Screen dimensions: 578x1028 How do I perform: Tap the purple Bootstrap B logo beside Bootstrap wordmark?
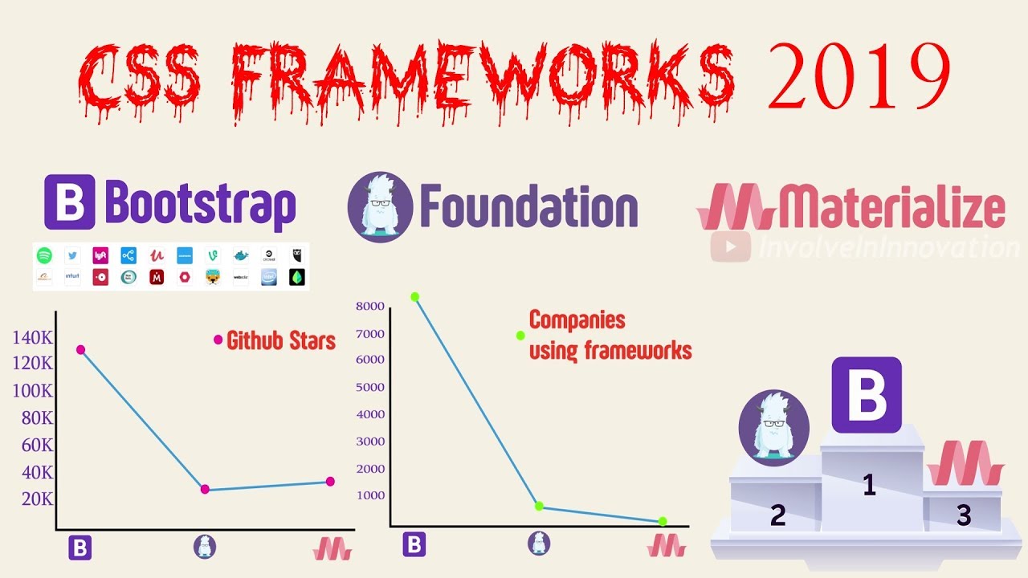tap(70, 203)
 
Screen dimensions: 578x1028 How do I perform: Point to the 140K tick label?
tap(33, 337)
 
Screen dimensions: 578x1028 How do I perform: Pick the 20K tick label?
tap(37, 499)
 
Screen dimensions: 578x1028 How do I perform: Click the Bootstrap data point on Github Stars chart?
tap(80, 349)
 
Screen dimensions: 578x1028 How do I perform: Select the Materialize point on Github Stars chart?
tap(330, 482)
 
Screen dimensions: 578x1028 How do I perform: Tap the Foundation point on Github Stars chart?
tap(205, 489)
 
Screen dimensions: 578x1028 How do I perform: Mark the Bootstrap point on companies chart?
tap(415, 297)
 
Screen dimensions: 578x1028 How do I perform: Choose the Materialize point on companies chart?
tap(663, 521)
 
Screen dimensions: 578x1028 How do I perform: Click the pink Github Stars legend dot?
tap(218, 340)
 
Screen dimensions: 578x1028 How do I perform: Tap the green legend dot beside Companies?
tap(520, 336)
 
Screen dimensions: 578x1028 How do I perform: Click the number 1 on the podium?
tap(868, 485)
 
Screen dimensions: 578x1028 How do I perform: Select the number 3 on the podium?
tap(964, 515)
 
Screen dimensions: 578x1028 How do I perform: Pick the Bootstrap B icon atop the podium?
tap(866, 395)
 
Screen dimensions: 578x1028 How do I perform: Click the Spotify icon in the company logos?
tap(44, 255)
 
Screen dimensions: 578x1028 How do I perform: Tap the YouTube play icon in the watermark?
tap(731, 247)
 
